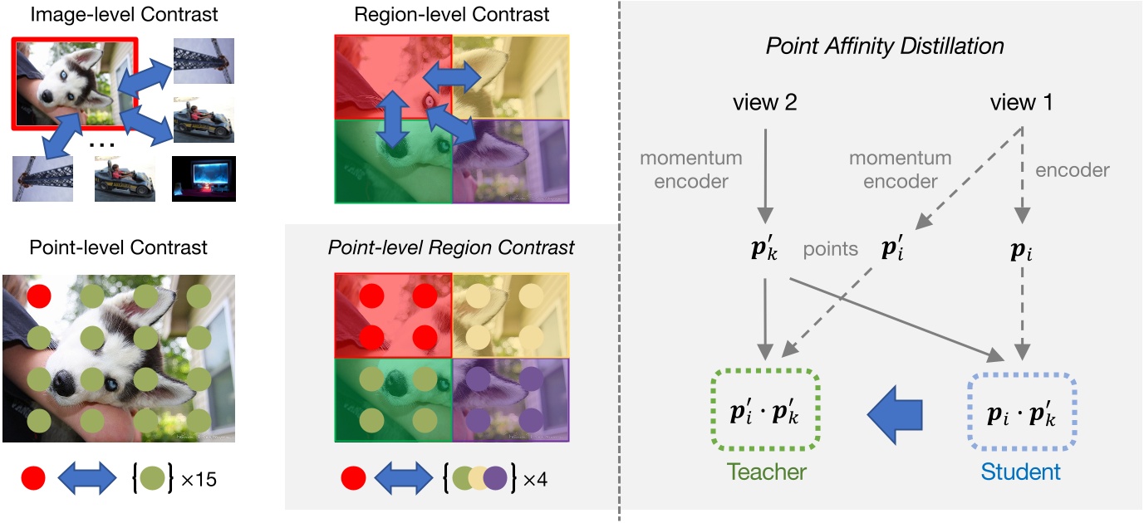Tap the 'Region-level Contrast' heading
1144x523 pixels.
[x=451, y=14]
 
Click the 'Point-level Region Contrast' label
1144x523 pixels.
[x=451, y=247]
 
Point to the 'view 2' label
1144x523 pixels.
[x=766, y=103]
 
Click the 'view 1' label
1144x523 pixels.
[x=1022, y=103]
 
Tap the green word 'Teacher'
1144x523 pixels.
[x=767, y=472]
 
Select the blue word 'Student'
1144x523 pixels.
[x=1021, y=472]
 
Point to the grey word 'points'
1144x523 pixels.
[x=831, y=249]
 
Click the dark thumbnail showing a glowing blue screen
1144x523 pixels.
[x=204, y=178]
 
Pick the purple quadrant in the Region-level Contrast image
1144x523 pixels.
[x=511, y=161]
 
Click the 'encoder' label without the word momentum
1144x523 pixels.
[x=1073, y=170]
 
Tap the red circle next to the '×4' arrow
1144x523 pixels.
[x=353, y=478]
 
